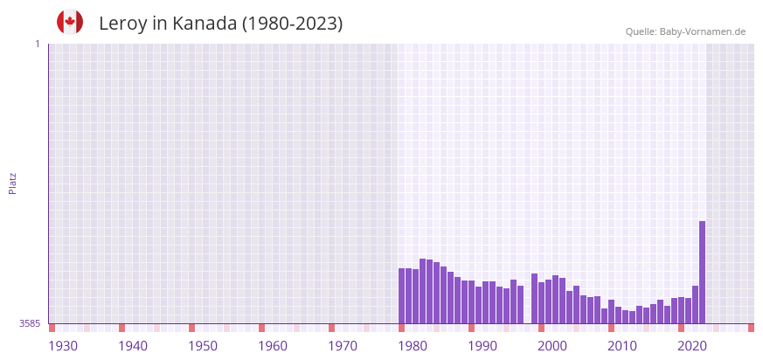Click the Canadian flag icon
(x=70, y=22)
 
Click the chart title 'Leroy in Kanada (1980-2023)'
(x=220, y=24)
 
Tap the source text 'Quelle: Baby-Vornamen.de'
(x=685, y=31)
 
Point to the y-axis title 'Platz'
(x=13, y=183)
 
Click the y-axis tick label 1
(x=37, y=44)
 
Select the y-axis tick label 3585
(x=30, y=323)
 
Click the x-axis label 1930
(x=63, y=346)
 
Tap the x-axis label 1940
(x=133, y=346)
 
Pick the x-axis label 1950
(x=203, y=346)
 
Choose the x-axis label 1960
(x=273, y=346)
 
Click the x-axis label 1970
(x=343, y=346)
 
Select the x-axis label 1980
(x=413, y=346)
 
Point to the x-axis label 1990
(x=482, y=346)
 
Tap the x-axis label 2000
(x=552, y=346)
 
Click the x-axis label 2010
(x=622, y=346)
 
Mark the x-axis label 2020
(x=692, y=346)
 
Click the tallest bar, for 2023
(x=702, y=272)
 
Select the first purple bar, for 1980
(x=401, y=295)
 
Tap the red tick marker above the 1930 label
(x=52, y=328)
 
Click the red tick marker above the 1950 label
(x=191, y=328)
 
